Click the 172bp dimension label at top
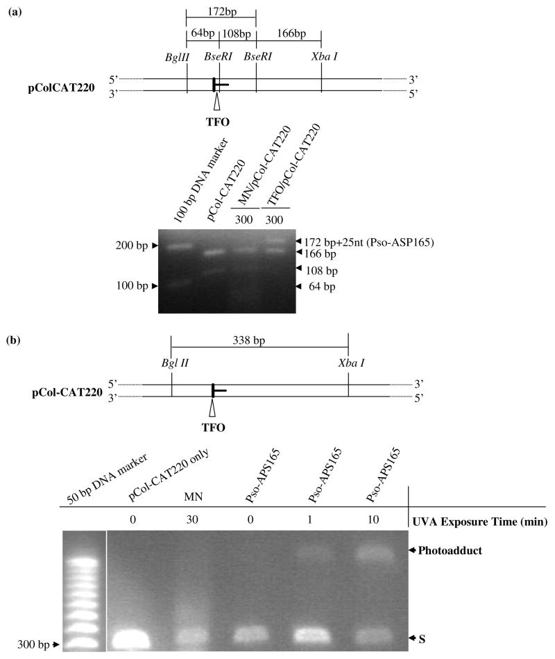(221, 12)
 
